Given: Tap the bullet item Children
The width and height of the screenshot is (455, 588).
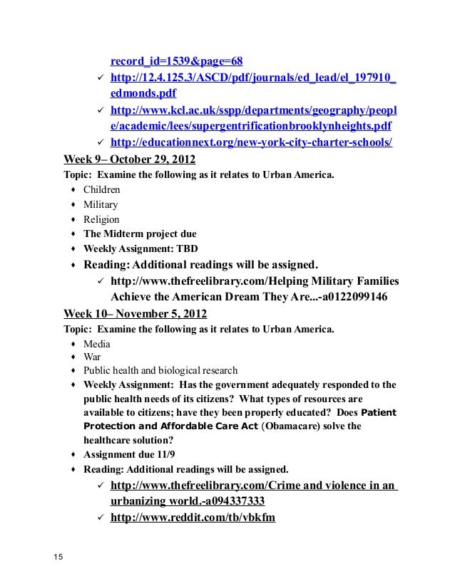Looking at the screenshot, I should tap(102, 190).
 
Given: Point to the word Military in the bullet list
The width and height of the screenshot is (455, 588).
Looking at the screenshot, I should tap(101, 205).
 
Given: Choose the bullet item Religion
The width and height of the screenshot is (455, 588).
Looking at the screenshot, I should tap(101, 220).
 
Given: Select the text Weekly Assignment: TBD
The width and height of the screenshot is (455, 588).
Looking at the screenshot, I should tap(140, 249).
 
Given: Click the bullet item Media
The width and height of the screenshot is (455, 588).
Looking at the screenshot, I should tap(97, 344).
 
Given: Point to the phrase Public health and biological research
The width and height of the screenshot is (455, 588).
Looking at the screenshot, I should tap(160, 371).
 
